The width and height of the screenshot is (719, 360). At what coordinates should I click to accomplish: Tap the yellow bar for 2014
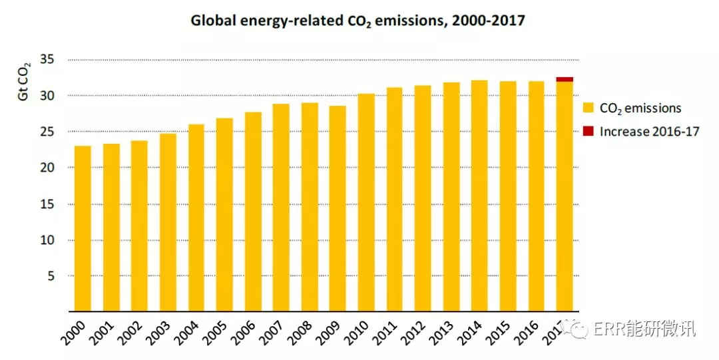479,196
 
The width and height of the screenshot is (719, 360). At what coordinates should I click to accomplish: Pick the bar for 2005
224,214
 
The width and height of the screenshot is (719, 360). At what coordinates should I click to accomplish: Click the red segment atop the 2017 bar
565,80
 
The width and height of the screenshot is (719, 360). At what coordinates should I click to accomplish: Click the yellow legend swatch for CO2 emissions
588,108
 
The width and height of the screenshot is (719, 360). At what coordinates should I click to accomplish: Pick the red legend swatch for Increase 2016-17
588,130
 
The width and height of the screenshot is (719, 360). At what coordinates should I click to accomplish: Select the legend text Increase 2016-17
649,131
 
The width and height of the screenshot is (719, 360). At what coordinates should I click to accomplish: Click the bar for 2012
423,198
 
